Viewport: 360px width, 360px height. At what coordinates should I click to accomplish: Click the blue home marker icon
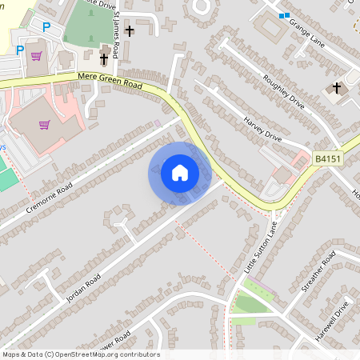(x=180, y=173)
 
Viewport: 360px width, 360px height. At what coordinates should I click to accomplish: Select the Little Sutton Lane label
(x=261, y=248)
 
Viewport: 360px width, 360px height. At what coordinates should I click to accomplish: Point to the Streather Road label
(x=318, y=273)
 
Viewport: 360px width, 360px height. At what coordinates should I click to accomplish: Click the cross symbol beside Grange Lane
(x=337, y=87)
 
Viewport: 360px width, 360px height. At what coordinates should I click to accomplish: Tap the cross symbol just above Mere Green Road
(x=104, y=58)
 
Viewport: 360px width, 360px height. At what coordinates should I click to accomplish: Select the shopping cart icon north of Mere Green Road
(x=36, y=56)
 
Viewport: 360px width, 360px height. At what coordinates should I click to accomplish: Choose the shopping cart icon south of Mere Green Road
(x=45, y=125)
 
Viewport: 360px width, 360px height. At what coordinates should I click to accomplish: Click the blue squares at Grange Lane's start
(x=283, y=15)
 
